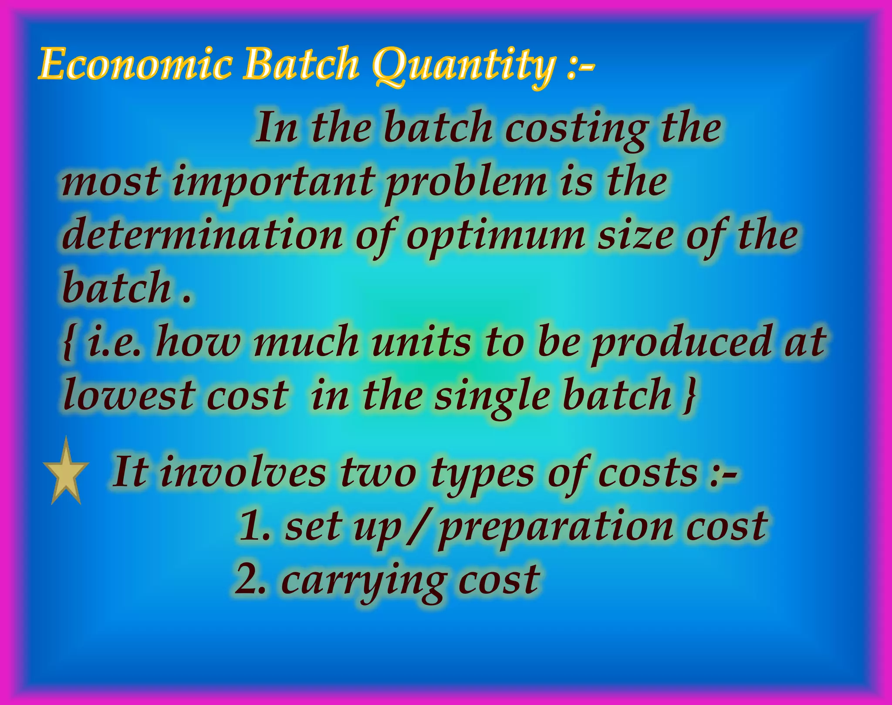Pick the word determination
pos(203,235)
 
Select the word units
pos(421,342)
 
